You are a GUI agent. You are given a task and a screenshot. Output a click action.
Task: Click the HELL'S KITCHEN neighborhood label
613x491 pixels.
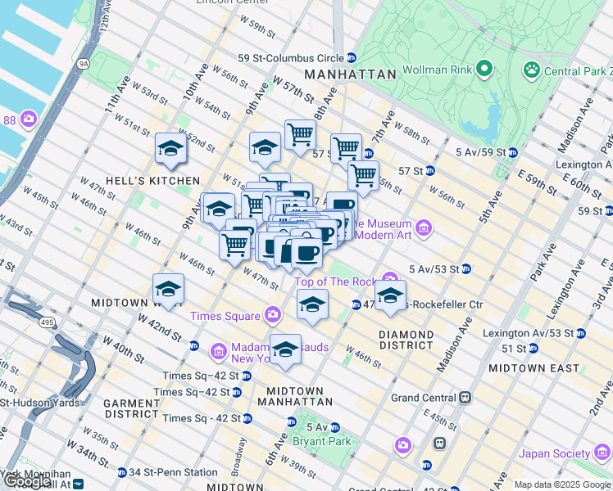[x=152, y=180]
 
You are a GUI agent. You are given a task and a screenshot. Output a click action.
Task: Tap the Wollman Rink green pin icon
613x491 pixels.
[x=484, y=68]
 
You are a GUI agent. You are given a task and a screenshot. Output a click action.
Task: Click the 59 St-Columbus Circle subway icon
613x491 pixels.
[x=351, y=57]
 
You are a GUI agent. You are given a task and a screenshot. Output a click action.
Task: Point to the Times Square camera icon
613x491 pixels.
[x=273, y=316]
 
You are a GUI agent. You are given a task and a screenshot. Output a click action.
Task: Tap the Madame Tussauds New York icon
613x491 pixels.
[x=218, y=351]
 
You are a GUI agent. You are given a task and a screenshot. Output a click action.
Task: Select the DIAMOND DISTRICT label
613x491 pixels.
[x=406, y=340]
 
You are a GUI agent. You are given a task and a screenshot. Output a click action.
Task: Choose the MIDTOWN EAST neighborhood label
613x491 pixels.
[x=534, y=368]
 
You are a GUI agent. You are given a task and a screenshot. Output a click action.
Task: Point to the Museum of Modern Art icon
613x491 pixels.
[x=424, y=226]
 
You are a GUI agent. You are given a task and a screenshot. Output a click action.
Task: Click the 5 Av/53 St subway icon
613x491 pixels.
[x=466, y=268]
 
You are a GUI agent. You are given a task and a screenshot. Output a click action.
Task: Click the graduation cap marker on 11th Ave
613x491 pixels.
[x=170, y=148]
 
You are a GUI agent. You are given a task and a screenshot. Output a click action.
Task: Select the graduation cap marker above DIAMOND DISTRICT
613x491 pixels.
[x=390, y=295]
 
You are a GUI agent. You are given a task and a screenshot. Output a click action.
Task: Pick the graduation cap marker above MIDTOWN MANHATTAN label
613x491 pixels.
[x=285, y=349]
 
